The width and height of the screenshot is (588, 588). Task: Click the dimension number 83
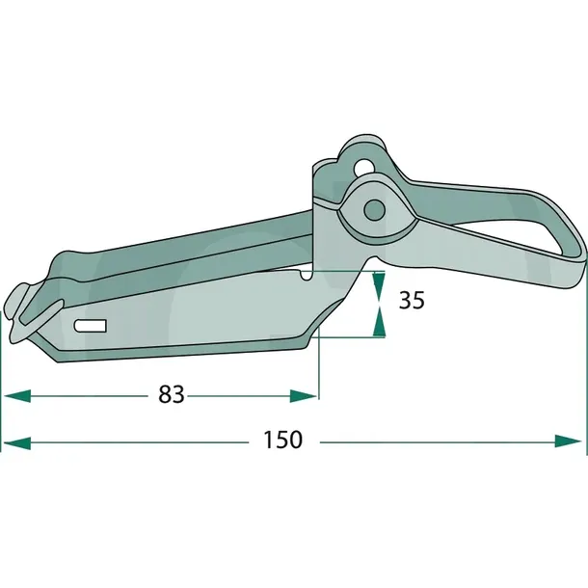point(172,394)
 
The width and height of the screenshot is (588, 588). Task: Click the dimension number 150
point(282,440)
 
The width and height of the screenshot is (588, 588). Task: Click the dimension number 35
point(412,300)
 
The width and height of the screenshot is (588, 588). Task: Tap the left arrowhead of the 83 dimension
point(17,396)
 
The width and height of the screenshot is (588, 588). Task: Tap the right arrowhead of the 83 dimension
point(304,396)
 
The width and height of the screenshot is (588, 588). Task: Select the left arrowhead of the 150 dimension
point(17,442)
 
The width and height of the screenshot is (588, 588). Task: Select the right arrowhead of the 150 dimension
point(569,441)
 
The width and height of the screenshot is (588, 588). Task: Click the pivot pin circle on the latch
point(375,210)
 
